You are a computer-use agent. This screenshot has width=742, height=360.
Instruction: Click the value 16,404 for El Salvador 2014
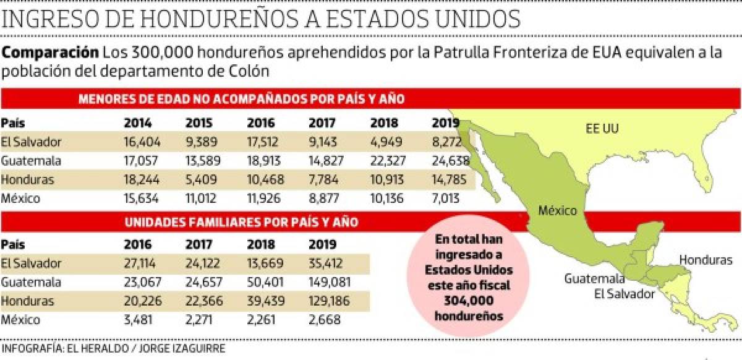142,142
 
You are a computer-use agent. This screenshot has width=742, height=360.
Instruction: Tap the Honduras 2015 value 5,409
201,180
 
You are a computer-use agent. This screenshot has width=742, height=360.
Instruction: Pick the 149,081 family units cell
330,282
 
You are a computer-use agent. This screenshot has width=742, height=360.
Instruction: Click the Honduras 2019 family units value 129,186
329,301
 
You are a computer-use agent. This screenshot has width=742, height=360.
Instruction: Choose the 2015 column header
198,122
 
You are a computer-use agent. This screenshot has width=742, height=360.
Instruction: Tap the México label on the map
557,210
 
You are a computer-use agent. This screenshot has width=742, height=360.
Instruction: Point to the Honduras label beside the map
706,260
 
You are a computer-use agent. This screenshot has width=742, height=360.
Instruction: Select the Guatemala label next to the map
594,278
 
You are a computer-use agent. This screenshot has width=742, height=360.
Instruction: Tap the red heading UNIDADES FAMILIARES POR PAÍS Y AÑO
241,221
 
